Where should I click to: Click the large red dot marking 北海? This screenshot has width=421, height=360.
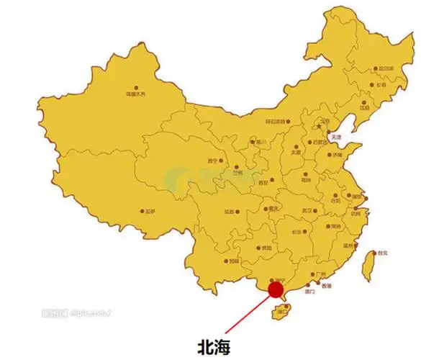tap(276, 289)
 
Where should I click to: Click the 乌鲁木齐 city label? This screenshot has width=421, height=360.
tap(135, 94)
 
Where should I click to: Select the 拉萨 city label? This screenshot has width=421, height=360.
tap(150, 211)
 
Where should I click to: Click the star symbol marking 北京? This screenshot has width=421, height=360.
tap(319, 126)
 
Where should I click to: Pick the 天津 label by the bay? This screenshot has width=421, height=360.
tap(335, 136)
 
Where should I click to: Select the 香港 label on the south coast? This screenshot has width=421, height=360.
tap(327, 287)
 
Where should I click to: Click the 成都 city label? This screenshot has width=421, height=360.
tap(230, 212)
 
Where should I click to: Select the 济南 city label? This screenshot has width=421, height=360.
tap(338, 154)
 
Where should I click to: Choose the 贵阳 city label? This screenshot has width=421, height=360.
tap(267, 248)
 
